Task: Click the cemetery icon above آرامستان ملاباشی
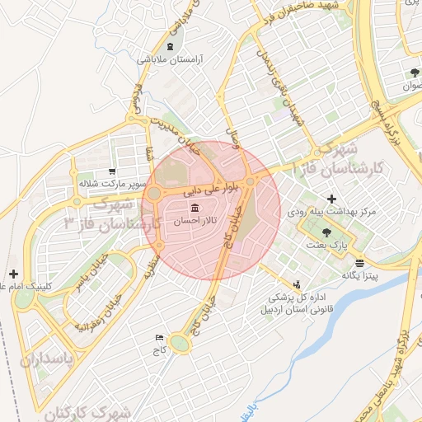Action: coord(171,46)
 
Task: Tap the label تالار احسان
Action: coord(195,221)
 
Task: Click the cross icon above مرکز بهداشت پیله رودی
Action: coord(331,199)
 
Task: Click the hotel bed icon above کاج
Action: coord(159,338)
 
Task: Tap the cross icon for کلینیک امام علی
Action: coord(13,273)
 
